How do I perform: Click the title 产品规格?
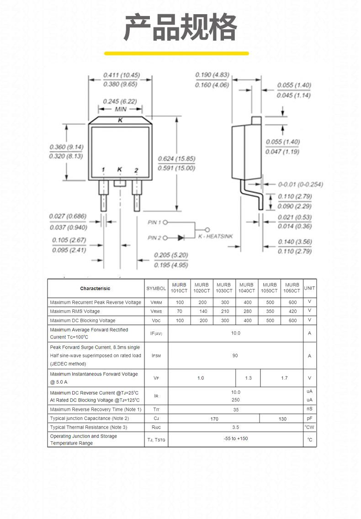point(180,27)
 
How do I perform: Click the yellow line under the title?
point(176,53)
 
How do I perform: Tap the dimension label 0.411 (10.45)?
point(122,75)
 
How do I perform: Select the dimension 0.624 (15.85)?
point(176,159)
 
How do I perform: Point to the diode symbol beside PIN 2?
point(181,238)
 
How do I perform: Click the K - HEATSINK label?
point(216,236)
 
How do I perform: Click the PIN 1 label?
point(154,222)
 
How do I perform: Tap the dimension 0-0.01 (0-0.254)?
point(300,185)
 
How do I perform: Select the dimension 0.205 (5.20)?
point(171,255)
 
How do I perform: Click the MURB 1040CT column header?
point(246,288)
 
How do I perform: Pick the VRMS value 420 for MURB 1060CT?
point(293,311)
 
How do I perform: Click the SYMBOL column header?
point(156,288)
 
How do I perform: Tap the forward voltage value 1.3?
point(249,378)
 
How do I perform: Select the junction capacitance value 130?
point(282,418)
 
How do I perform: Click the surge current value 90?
point(235,355)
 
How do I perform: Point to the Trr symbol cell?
point(156,409)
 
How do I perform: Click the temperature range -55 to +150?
point(236,438)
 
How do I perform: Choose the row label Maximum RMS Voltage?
point(75,311)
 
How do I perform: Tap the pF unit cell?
point(309,418)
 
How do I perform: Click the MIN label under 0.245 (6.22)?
point(121,109)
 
